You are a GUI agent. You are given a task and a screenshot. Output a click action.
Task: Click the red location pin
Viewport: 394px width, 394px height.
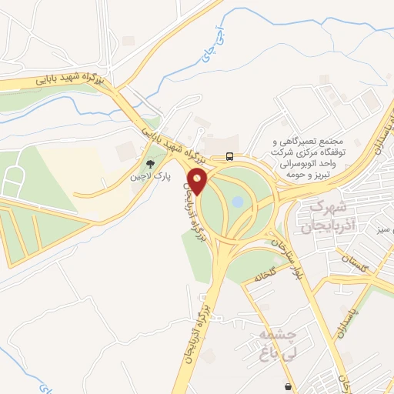[199, 183]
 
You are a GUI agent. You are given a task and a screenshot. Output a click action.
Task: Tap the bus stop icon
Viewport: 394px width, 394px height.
[230, 156]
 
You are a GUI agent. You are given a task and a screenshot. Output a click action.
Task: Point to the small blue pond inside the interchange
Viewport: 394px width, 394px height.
[238, 202]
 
